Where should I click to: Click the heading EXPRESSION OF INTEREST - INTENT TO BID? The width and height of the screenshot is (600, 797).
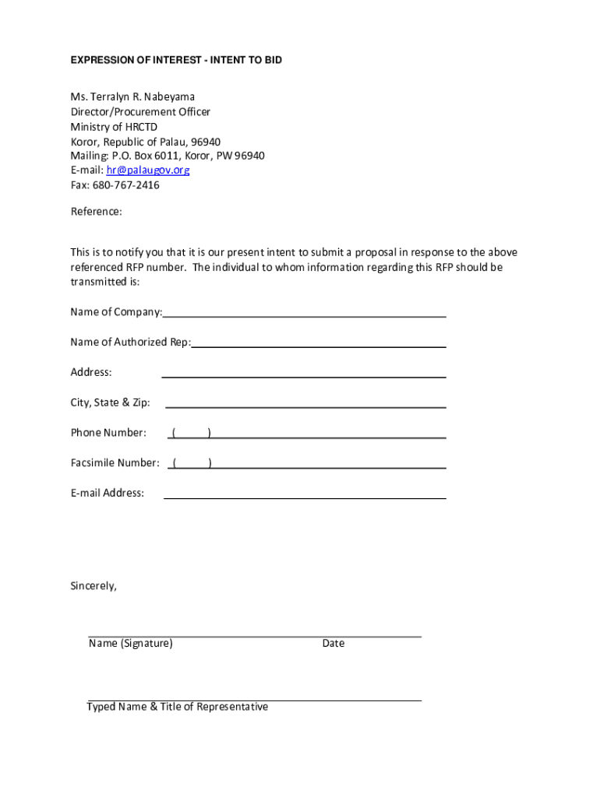coord(176,60)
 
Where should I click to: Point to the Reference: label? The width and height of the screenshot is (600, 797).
coord(97,212)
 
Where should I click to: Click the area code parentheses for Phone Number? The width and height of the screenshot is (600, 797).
coord(192,433)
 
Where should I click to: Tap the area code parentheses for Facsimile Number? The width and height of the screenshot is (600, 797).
coord(192,463)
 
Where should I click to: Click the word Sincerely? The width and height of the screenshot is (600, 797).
coord(94,586)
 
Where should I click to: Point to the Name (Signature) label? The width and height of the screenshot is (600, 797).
coord(131,644)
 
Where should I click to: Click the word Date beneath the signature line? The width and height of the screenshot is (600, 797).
coord(333,644)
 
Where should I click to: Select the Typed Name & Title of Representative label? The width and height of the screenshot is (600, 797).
coord(178,707)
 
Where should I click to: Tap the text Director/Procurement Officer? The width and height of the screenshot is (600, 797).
coord(140,112)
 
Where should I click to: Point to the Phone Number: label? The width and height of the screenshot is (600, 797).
coord(108,433)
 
